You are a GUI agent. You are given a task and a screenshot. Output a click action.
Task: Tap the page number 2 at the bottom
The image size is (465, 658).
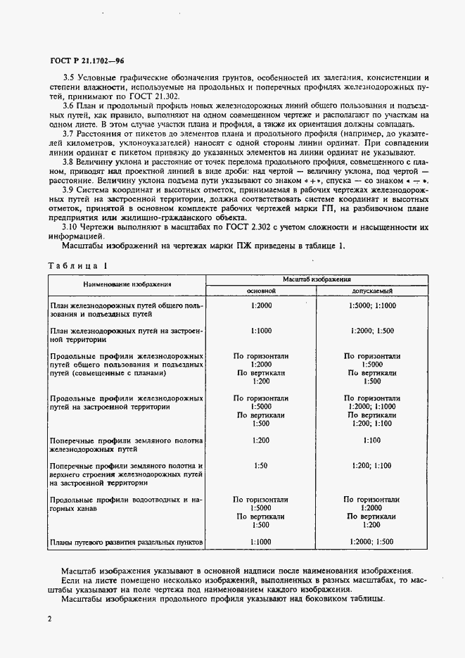click(x=50, y=618)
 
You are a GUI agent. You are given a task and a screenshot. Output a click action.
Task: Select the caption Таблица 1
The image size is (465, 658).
click(x=77, y=267)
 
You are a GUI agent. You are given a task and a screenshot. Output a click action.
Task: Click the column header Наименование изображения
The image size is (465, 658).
click(x=127, y=284)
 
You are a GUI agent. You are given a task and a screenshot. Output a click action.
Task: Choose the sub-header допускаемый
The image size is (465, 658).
click(x=371, y=290)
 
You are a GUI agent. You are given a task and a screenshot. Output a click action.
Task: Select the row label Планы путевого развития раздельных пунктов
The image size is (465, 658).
click(x=127, y=543)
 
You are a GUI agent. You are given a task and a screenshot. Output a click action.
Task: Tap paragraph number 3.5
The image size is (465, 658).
click(x=70, y=76)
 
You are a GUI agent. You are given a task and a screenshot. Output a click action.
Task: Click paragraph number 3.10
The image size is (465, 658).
click(x=72, y=227)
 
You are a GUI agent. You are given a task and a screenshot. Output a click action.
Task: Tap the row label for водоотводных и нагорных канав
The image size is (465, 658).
click(x=127, y=505)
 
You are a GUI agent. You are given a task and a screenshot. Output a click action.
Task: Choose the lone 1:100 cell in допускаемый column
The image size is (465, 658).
click(x=371, y=440)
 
